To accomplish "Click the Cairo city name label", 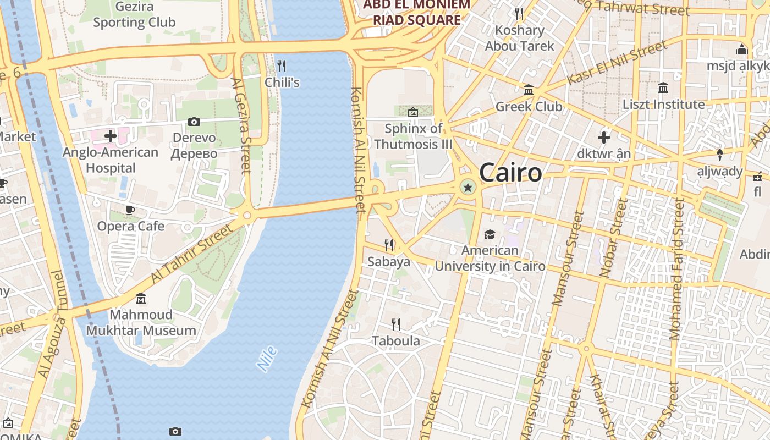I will point(510,173).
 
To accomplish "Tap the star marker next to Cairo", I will point(468,188).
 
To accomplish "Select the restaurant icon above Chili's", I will point(282,66).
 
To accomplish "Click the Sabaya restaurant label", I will point(389,262).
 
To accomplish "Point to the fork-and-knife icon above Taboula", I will point(395,324).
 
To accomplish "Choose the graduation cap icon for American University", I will point(490,235).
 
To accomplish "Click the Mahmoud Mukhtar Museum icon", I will point(141,299).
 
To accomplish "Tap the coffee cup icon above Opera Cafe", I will point(130,210).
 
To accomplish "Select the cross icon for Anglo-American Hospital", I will point(111,135).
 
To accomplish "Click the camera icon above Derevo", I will point(194,122).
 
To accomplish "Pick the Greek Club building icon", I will point(529,90).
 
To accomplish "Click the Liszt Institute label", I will point(663,105).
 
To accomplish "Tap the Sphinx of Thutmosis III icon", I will point(413,112).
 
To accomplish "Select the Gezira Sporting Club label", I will point(134,15).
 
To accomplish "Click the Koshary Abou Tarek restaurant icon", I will point(519,13).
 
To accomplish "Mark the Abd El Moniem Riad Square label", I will point(417,12).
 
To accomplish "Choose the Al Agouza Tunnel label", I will point(52,324).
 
